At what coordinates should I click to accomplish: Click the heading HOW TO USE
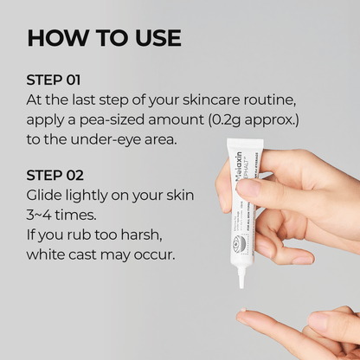105,38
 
